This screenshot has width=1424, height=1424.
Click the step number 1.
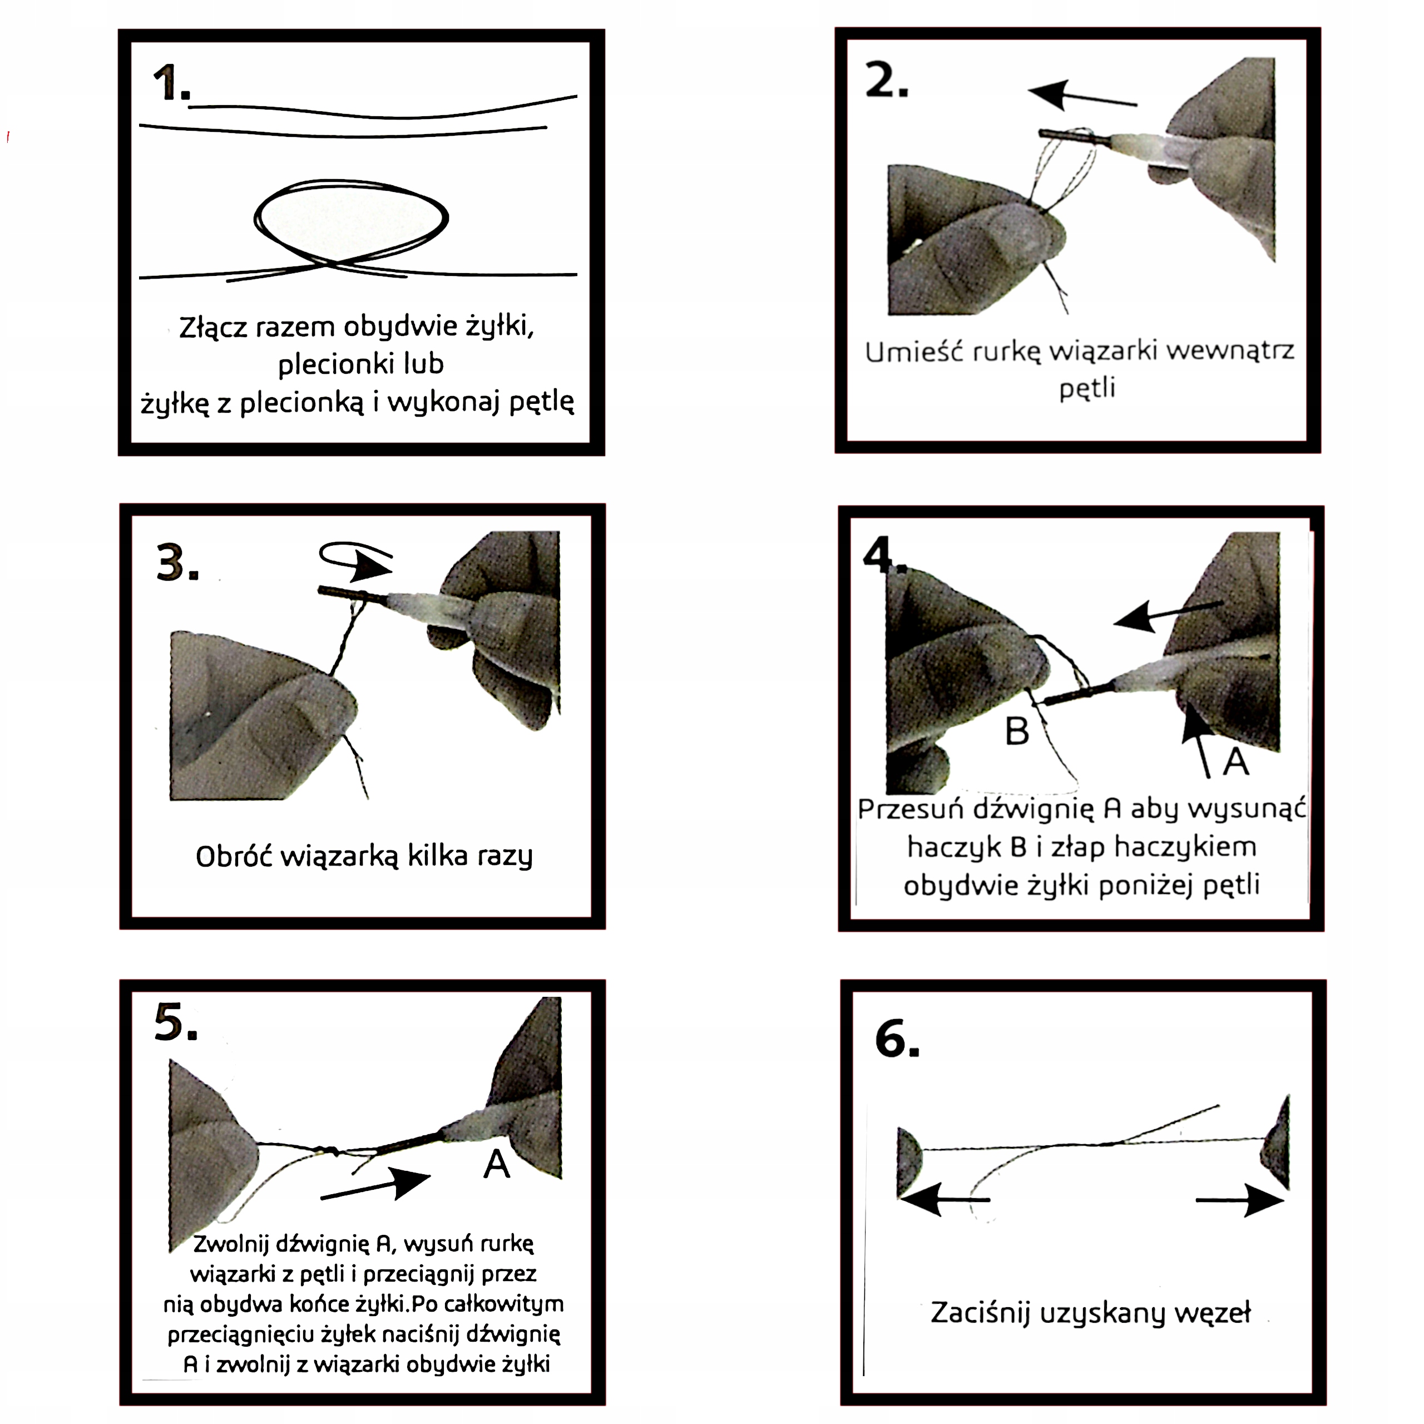(171, 82)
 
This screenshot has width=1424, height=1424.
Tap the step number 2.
(887, 80)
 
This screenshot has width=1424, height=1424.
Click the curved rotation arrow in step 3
(355, 558)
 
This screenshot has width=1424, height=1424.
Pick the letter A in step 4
(1236, 762)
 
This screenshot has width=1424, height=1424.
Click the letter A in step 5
(497, 1165)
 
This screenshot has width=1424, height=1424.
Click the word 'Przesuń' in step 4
(910, 809)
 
